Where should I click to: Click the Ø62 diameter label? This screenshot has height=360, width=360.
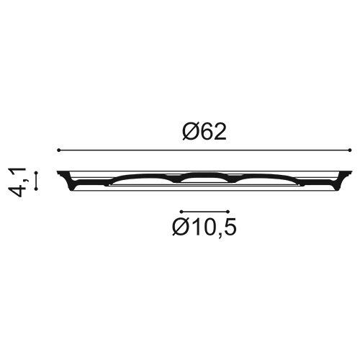click(204, 132)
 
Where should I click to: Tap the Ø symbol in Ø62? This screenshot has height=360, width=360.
click(190, 132)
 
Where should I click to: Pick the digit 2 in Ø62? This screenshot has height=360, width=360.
click(220, 132)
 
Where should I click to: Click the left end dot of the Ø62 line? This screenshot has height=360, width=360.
click(58, 150)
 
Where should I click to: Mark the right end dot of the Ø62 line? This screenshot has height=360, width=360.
click(350, 150)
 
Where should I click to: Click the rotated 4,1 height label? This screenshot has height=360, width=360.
click(17, 182)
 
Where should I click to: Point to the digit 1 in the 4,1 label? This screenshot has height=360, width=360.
click(17, 171)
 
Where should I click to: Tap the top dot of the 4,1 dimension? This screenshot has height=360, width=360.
click(36, 173)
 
